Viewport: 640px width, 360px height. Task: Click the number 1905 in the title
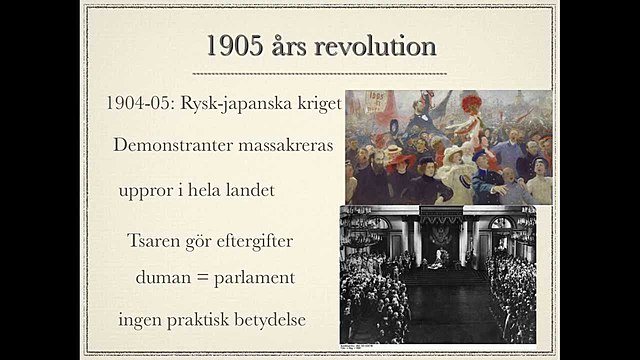coord(237,47)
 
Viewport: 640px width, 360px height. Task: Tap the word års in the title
coord(296,47)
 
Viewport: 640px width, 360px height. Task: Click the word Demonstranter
coord(172,146)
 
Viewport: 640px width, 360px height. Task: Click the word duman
coord(162,275)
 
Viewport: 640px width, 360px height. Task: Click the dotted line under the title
coord(320,74)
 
